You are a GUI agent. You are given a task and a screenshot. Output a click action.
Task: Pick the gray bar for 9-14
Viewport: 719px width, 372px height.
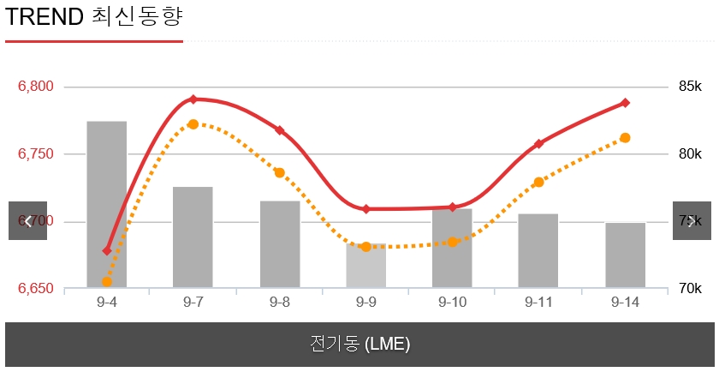(x=626, y=255)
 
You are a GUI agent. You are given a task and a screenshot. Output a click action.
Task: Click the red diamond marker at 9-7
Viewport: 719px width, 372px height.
(x=193, y=99)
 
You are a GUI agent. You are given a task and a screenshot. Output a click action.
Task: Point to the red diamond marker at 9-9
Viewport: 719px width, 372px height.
(x=366, y=209)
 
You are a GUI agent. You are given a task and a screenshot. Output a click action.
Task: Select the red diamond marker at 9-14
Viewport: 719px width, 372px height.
(x=626, y=103)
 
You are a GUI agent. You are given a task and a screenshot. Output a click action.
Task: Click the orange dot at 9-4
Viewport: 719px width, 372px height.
(x=107, y=281)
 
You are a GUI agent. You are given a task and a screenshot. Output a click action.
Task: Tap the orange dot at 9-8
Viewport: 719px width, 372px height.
(x=279, y=173)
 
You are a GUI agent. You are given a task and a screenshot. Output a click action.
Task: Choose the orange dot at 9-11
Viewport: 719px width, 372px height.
(x=539, y=183)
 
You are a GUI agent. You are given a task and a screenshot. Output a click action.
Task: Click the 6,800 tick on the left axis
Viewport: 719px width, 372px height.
(x=36, y=87)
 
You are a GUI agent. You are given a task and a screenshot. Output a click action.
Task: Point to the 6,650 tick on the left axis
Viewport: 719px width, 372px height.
(x=36, y=289)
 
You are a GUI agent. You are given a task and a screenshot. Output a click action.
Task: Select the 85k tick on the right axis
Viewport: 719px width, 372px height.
(x=690, y=87)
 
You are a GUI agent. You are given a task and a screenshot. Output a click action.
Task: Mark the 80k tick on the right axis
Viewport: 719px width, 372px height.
(x=690, y=154)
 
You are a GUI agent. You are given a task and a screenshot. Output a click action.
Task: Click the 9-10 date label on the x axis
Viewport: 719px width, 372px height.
(x=453, y=302)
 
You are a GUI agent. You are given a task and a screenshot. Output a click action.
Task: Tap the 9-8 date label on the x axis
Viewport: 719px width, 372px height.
(x=279, y=302)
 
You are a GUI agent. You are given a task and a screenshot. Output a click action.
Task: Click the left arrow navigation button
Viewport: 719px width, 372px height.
(x=28, y=221)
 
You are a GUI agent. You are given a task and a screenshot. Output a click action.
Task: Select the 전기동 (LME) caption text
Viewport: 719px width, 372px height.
(x=359, y=345)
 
